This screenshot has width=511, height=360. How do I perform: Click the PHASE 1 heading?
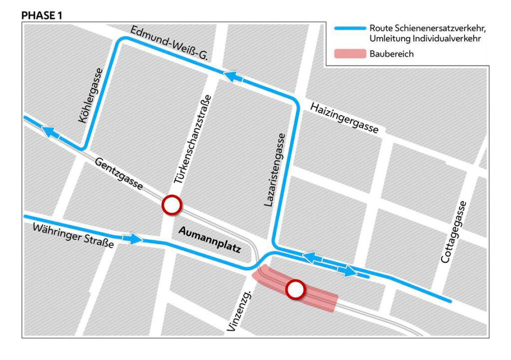point(41,15)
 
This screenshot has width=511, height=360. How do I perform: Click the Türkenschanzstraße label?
point(192,139)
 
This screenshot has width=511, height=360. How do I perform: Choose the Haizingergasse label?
point(344,118)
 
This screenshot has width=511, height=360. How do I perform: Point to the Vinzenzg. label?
point(239,312)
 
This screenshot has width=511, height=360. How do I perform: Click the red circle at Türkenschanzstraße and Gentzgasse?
point(171,205)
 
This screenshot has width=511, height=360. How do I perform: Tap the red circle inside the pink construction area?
point(295,290)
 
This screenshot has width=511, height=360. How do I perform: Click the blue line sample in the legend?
point(347,28)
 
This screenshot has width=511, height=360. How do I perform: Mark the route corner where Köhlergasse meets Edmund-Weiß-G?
point(120,40)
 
